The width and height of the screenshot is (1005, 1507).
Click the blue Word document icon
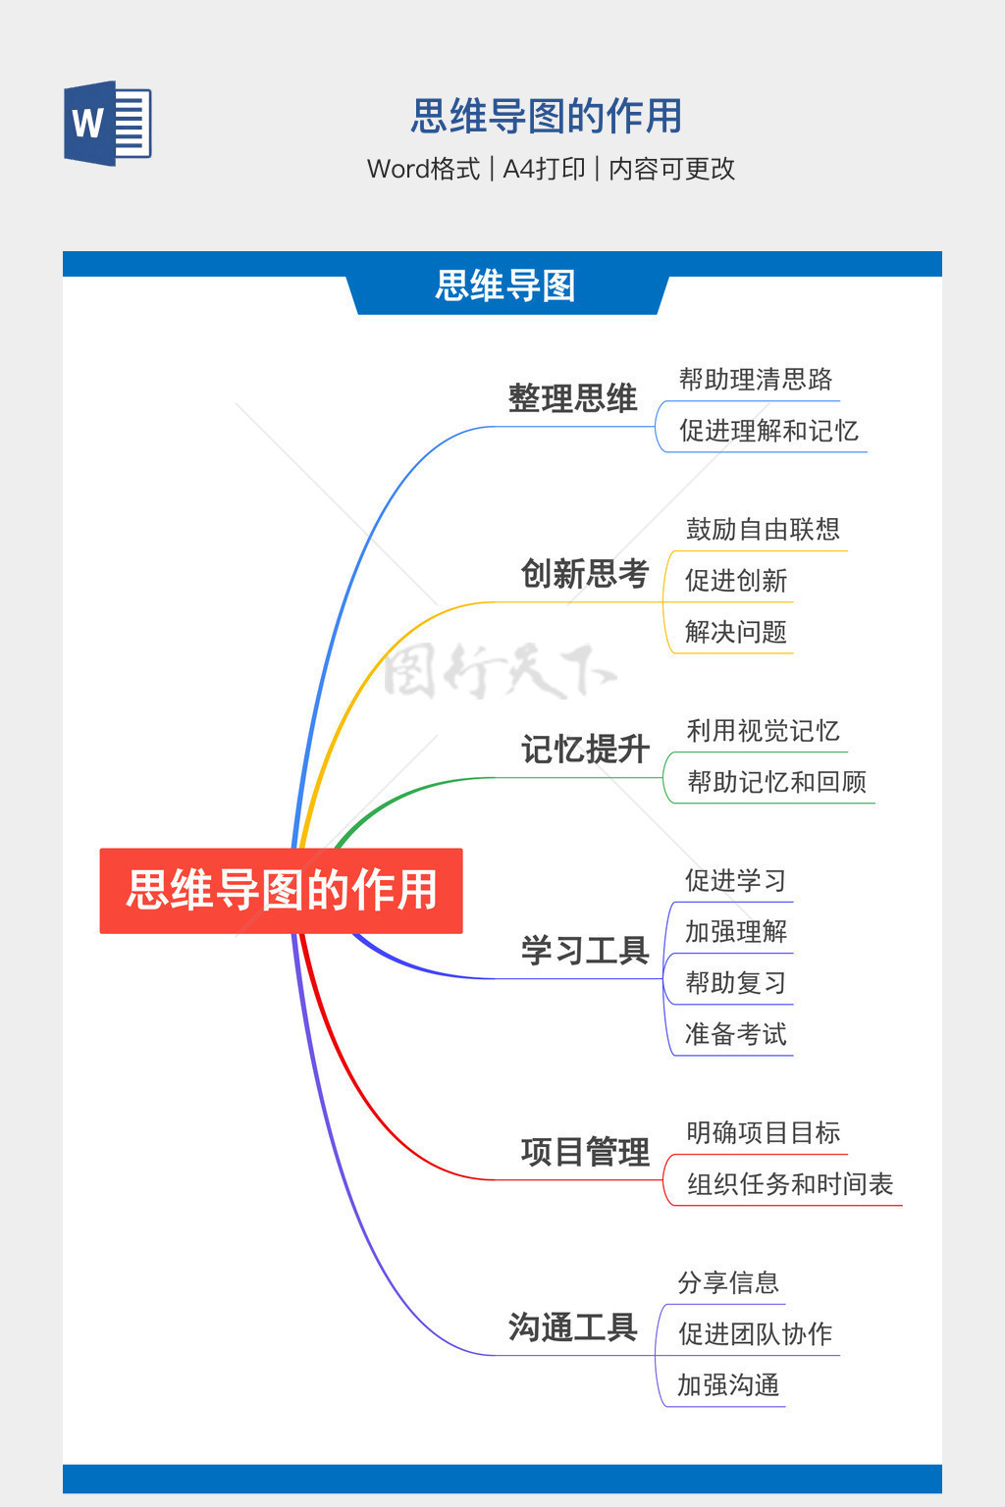(x=108, y=123)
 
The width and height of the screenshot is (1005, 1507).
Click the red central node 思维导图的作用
(x=282, y=890)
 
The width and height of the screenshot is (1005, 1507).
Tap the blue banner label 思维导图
(x=505, y=286)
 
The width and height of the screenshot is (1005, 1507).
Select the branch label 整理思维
(x=572, y=397)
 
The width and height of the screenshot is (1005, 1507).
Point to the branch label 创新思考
(x=585, y=573)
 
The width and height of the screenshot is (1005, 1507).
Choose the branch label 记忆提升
(x=585, y=749)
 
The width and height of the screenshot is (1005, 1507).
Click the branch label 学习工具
(x=585, y=950)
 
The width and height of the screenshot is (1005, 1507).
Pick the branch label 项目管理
(x=585, y=1151)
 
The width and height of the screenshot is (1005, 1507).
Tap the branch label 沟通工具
(x=572, y=1326)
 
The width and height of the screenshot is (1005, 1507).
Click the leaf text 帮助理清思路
(x=756, y=380)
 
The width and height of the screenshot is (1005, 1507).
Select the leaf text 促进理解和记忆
(x=768, y=431)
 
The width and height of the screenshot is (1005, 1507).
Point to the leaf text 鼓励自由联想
(x=763, y=530)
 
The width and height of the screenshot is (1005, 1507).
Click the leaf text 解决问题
(x=736, y=632)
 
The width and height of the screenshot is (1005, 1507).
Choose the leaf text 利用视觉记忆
(x=763, y=731)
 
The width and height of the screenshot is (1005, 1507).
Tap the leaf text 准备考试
(x=736, y=1034)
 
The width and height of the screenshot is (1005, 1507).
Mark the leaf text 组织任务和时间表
(x=790, y=1184)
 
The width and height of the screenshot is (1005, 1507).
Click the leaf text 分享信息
(x=728, y=1282)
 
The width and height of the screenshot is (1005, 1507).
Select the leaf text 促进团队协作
(x=756, y=1333)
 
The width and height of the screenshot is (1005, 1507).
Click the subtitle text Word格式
(x=423, y=169)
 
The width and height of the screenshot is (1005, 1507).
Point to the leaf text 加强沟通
(x=728, y=1384)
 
